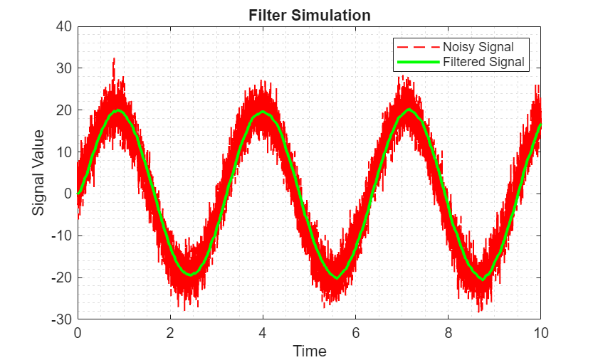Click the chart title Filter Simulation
pos(309,15)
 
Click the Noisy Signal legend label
pos(478,47)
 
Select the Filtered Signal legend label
pos(483,62)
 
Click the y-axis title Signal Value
pos(38,172)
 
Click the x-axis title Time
pos(310,351)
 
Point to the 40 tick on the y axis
pos(63,27)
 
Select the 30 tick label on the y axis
pos(63,68)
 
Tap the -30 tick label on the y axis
pos(61,319)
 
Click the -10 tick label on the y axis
pos(61,235)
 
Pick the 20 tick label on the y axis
pos(63,110)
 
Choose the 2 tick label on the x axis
pos(170,332)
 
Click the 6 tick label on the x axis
pos(355,332)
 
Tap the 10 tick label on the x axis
pos(540,332)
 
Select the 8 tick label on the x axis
pos(448,332)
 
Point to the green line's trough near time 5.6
pos(337,277)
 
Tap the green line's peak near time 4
pos(263,112)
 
